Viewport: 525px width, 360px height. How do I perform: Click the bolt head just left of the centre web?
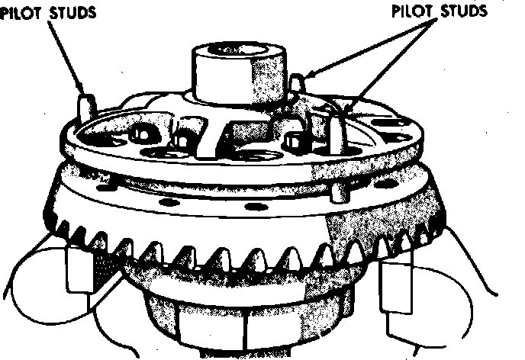[182, 142]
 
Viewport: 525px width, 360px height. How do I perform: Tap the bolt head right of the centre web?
[293, 142]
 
